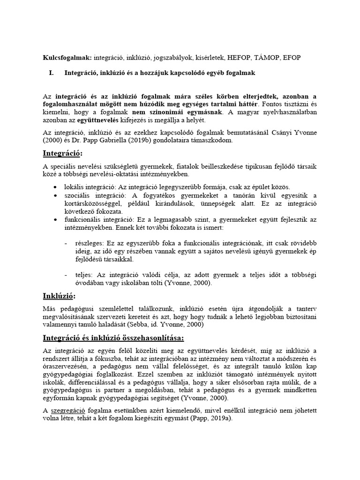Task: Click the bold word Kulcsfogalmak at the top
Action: pyautogui.click(x=67, y=57)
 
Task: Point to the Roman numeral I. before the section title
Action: pyautogui.click(x=52, y=73)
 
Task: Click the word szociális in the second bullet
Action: pyautogui.click(x=80, y=195)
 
